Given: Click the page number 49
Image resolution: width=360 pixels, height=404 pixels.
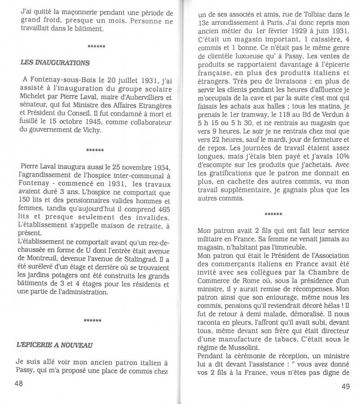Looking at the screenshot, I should [346, 386].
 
